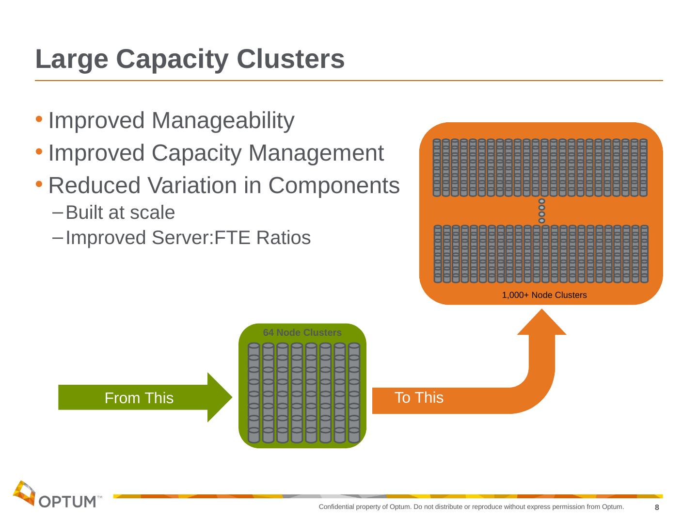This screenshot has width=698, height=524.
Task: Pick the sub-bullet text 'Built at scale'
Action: [x=120, y=213]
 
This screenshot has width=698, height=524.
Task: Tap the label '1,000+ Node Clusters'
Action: [x=544, y=295]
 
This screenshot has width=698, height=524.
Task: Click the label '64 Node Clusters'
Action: [x=302, y=333]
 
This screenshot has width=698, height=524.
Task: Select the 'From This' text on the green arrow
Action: [x=139, y=398]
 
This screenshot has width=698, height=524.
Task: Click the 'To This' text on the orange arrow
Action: [x=419, y=398]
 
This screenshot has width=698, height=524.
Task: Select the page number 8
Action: [x=657, y=508]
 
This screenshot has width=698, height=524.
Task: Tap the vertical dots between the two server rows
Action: [x=541, y=211]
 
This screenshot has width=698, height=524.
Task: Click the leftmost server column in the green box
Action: [x=254, y=393]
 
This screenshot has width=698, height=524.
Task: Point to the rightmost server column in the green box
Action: [x=354, y=393]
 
